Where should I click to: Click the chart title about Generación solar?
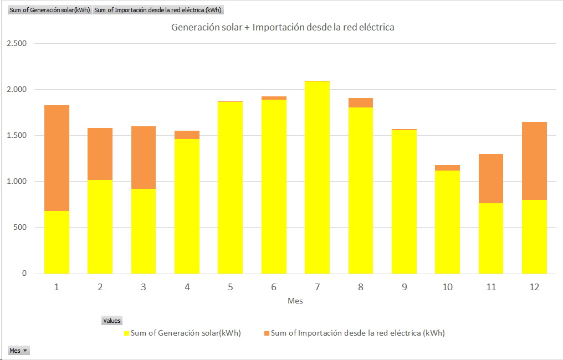point(283,27)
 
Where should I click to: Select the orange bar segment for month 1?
point(57,158)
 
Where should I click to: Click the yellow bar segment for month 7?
point(317,177)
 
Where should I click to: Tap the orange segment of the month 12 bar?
point(534,161)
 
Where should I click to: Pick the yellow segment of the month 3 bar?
point(144,231)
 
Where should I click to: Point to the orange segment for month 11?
point(491,178)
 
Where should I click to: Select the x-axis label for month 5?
point(230,287)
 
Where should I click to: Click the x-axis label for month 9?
point(404,287)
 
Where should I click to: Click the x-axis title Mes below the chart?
point(295,301)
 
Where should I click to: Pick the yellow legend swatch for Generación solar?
point(126,333)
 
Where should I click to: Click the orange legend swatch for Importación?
point(267,333)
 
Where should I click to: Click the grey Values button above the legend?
point(112,321)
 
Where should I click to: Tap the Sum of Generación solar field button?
point(49,10)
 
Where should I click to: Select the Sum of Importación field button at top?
point(158,10)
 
